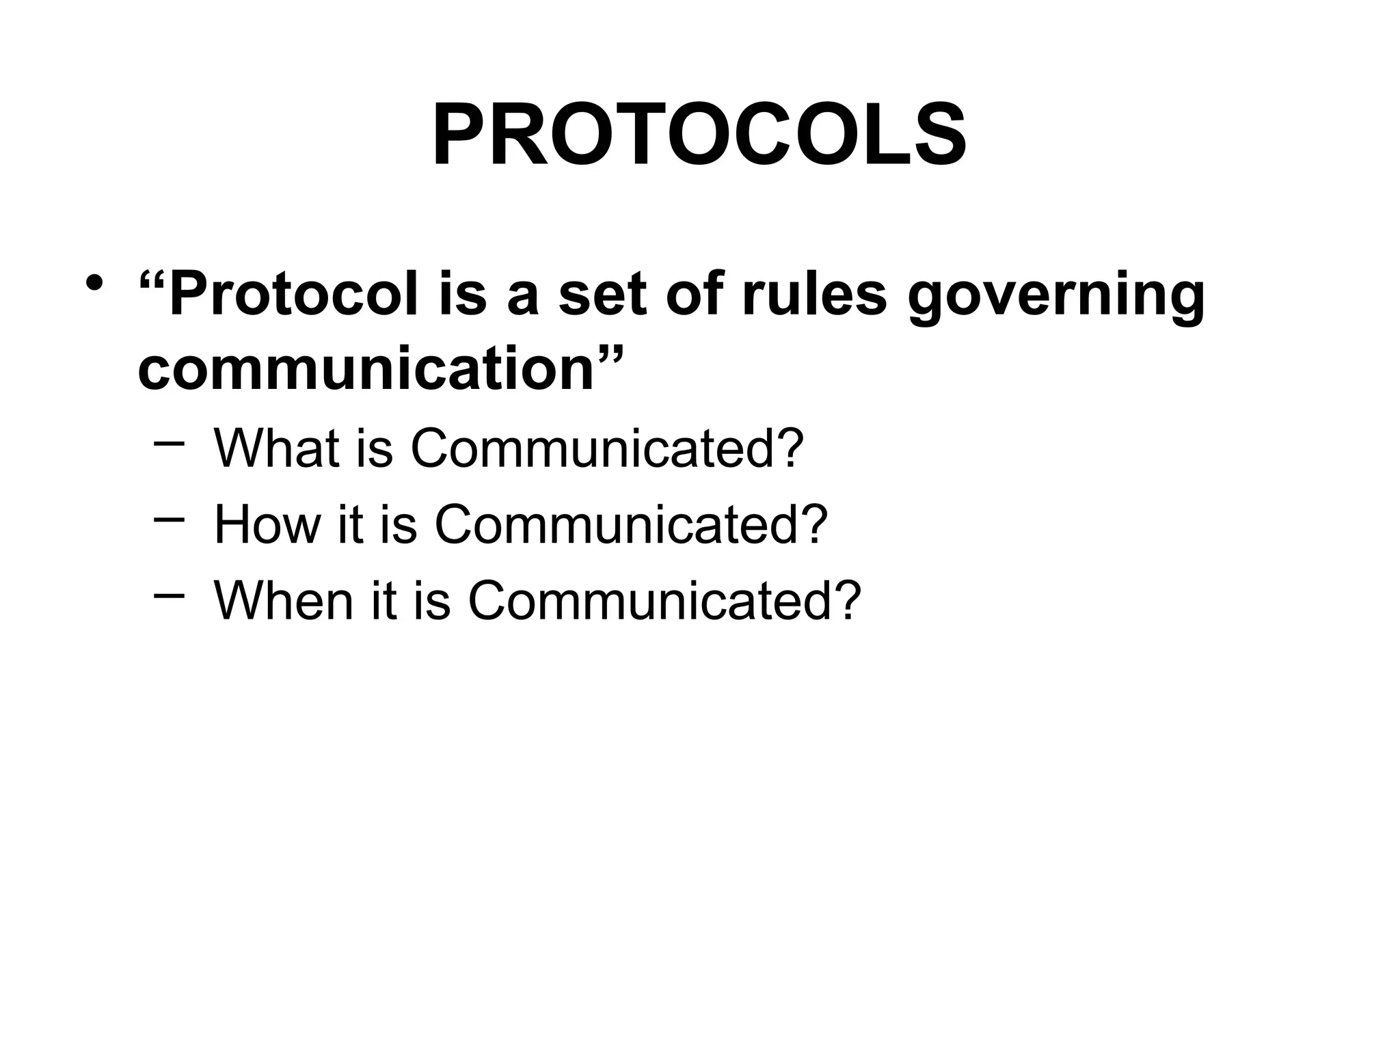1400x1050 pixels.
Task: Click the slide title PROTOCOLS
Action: click(699, 135)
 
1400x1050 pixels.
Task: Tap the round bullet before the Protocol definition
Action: click(94, 282)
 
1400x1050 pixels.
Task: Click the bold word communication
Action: click(365, 369)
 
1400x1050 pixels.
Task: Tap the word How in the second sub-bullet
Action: click(267, 524)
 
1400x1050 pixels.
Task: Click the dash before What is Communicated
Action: click(169, 444)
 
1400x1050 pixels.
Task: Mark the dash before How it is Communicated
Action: click(169, 520)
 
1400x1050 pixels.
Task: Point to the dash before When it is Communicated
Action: click(169, 595)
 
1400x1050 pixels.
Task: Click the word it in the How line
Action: click(349, 524)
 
